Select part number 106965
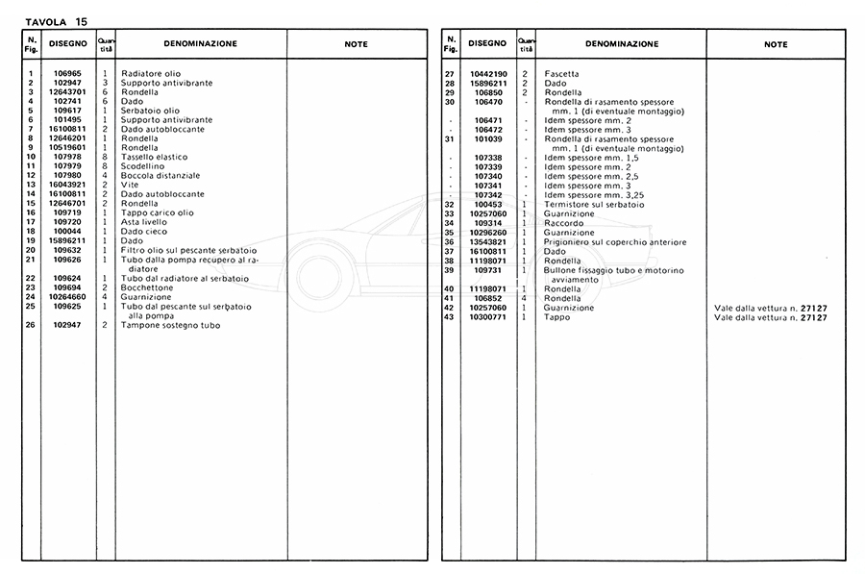coord(67,74)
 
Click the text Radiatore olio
coord(150,74)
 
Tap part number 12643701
coord(67,92)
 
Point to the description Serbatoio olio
coord(150,111)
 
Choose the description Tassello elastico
coord(155,157)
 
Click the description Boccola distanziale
coord(161,175)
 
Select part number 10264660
coord(67,297)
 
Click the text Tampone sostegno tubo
coord(171,325)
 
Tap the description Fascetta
coord(561,74)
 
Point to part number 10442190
coord(488,74)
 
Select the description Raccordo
coord(563,223)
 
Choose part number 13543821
coord(488,241)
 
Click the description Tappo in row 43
coord(557,316)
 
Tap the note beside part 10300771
coord(770,316)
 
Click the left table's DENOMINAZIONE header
coord(200,43)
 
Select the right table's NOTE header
coord(776,44)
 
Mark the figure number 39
coord(449,269)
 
